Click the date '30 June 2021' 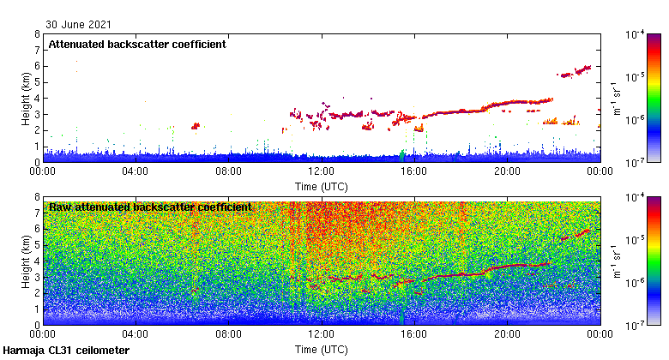click(78, 25)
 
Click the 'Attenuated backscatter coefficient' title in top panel click(137, 45)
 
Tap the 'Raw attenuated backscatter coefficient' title click(150, 207)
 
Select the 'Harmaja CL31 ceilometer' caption click(66, 351)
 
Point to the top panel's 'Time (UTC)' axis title click(322, 186)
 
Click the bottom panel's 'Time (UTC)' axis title click(322, 350)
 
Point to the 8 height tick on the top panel click(37, 34)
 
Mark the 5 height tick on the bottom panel click(37, 245)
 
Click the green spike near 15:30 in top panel click(401, 156)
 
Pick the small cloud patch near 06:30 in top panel click(196, 126)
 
